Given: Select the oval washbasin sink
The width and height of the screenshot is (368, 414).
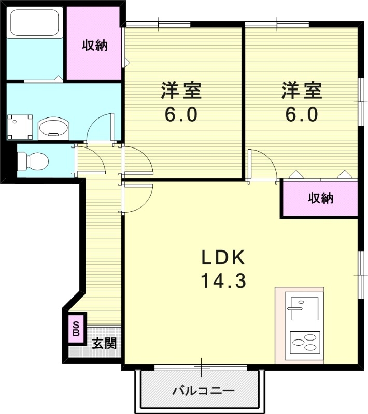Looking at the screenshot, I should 53,127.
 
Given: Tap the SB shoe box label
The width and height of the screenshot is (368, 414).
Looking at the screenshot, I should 76,329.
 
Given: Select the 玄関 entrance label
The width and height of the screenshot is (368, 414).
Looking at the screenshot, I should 104,343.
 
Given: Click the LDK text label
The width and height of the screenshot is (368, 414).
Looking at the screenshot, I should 223,257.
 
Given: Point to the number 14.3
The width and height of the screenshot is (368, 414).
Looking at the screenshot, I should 223,282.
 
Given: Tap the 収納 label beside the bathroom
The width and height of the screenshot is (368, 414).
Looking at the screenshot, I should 95,45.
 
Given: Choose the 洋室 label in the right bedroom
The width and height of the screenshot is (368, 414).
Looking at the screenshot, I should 302,91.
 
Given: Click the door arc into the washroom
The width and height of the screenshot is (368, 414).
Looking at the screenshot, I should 100,127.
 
